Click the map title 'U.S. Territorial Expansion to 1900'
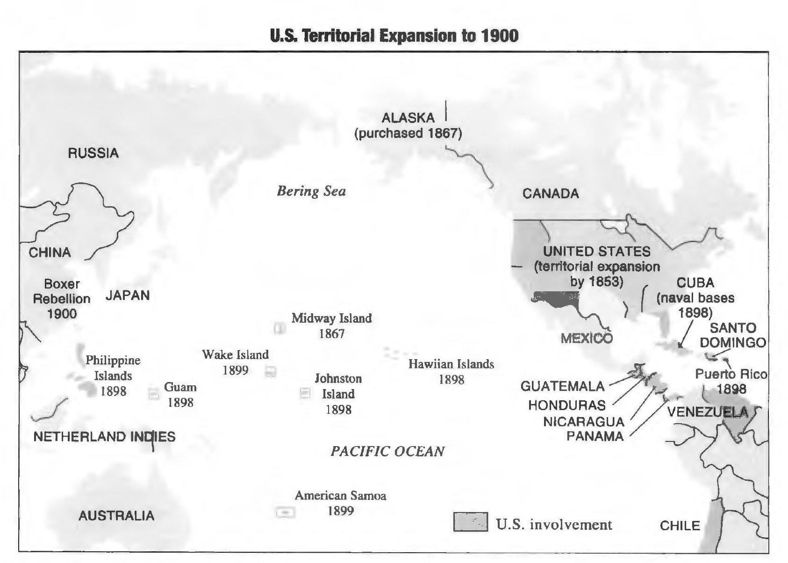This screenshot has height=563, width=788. (x=394, y=36)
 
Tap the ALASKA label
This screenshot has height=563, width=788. (x=408, y=118)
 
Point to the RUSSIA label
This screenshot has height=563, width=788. (x=93, y=153)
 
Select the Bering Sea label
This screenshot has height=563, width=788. (x=311, y=191)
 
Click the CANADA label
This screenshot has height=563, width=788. (x=551, y=194)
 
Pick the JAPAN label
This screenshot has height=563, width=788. (x=128, y=296)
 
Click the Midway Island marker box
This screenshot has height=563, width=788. (x=279, y=328)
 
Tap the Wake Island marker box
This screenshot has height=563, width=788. (x=271, y=372)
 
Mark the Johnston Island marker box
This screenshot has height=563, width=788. (x=305, y=393)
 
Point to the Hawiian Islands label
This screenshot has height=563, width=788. (x=451, y=364)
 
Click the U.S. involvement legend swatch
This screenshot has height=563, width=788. (x=470, y=522)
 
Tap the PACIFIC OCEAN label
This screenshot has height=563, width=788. (x=387, y=451)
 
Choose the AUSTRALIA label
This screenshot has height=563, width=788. (x=116, y=515)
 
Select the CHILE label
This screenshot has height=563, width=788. (x=680, y=526)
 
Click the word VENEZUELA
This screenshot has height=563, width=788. (x=707, y=412)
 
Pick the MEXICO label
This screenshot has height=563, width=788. (x=586, y=338)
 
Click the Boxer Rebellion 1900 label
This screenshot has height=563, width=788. (x=62, y=298)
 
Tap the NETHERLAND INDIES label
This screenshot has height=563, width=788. (x=105, y=437)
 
